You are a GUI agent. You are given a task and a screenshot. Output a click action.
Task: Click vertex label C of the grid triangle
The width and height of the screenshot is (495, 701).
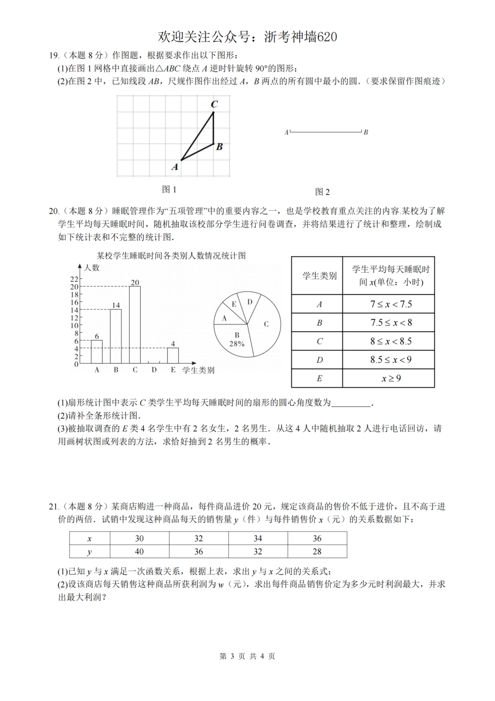[x=214, y=104]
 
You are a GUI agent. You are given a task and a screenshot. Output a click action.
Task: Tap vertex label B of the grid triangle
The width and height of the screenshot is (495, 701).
[x=219, y=147]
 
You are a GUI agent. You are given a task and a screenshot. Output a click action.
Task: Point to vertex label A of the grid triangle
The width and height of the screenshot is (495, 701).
[x=175, y=167]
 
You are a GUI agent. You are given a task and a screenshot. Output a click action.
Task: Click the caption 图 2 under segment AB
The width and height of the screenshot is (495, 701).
[x=323, y=192]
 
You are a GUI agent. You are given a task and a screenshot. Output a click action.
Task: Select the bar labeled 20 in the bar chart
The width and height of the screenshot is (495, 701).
[x=135, y=324]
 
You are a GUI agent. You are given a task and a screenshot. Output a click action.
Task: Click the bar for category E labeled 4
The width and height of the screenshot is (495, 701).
[x=173, y=355]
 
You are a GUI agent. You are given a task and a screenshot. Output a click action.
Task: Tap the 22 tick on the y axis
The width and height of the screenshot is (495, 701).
[x=74, y=279]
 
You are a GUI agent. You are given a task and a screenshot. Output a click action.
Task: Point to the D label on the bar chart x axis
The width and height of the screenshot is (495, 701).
[x=154, y=370]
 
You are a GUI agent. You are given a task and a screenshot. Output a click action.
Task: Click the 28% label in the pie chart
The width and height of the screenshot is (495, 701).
[x=237, y=344]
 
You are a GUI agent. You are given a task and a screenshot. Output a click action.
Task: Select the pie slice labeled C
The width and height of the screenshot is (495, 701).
[x=266, y=324]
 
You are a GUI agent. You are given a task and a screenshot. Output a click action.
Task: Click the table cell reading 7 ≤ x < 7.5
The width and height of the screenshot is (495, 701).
[x=388, y=304]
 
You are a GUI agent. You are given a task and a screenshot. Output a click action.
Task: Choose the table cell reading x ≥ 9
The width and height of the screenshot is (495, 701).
[x=388, y=378]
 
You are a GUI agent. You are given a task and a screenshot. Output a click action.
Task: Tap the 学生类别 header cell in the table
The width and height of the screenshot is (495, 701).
[x=317, y=276]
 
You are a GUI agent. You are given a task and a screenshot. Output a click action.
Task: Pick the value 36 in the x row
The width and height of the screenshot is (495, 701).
[x=317, y=538]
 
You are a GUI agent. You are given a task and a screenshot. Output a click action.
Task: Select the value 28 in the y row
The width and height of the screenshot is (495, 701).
[x=317, y=551]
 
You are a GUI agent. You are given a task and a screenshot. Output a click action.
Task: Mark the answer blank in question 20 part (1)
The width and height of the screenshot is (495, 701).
[x=351, y=403]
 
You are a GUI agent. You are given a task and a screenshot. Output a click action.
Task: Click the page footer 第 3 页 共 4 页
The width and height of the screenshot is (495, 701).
[x=247, y=656]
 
